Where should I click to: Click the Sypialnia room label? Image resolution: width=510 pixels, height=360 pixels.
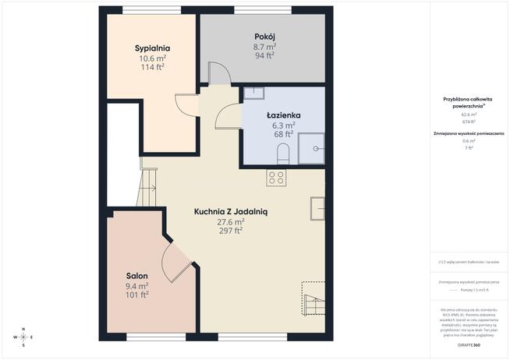click(152, 48)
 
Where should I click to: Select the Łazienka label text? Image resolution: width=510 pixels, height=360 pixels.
click(283, 115)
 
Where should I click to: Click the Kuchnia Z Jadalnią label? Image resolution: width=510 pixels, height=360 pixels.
click(231, 210)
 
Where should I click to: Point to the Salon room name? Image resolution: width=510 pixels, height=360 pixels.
click(137, 276)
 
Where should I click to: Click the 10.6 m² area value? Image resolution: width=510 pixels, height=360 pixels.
click(152, 58)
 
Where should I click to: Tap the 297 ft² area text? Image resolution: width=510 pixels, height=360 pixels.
click(231, 231)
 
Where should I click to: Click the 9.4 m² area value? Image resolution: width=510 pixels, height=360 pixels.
click(137, 286)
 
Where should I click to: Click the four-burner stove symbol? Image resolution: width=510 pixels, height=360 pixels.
click(276, 177)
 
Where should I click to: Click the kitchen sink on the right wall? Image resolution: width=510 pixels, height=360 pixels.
click(317, 210)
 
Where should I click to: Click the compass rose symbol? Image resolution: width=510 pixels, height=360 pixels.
click(23, 337)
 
